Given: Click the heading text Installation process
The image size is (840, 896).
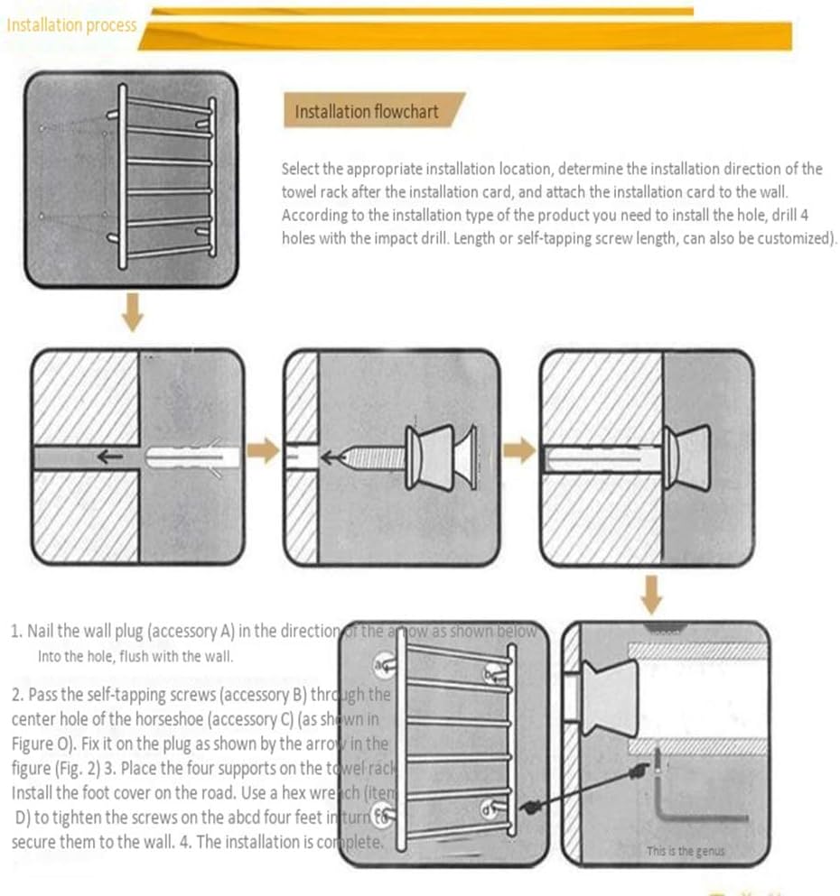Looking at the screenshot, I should coord(71,25).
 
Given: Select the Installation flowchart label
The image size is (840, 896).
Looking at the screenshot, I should coord(366,112).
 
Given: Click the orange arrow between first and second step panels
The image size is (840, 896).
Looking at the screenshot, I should coord(263,452).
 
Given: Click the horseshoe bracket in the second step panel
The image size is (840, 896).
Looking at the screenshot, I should coord(441,457).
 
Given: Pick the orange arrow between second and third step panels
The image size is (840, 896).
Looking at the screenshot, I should coord(518,450).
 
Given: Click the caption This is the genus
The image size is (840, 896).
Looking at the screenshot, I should coord(685,850).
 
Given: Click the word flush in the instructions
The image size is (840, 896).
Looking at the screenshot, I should coord(135,656).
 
